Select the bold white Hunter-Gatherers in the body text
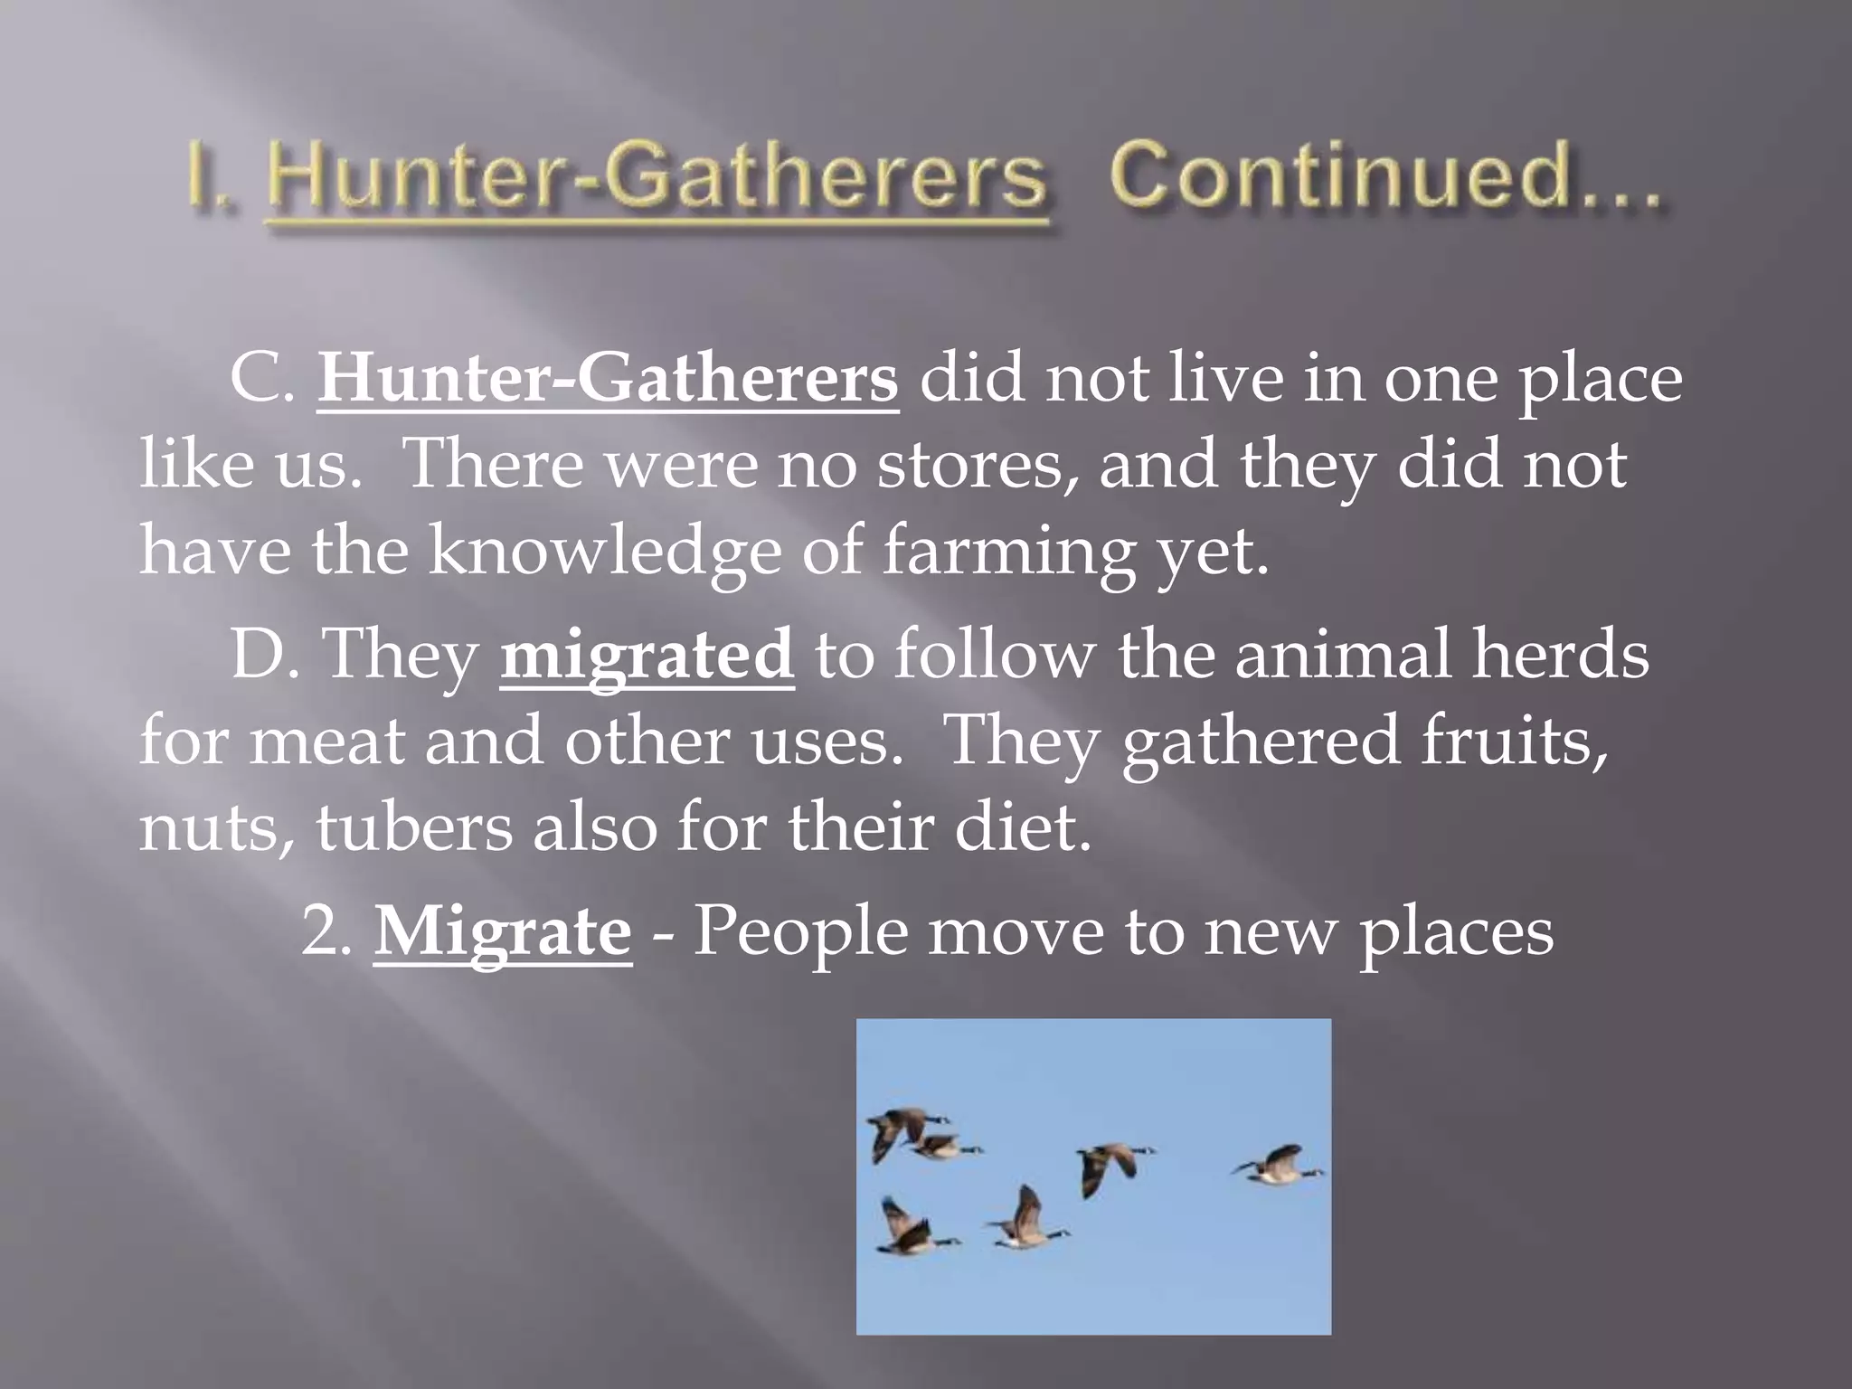pyautogui.click(x=608, y=380)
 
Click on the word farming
pyautogui.click(x=1007, y=553)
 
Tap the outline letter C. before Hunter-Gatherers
pyautogui.click(x=262, y=381)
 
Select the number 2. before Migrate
pyautogui.click(x=326, y=933)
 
